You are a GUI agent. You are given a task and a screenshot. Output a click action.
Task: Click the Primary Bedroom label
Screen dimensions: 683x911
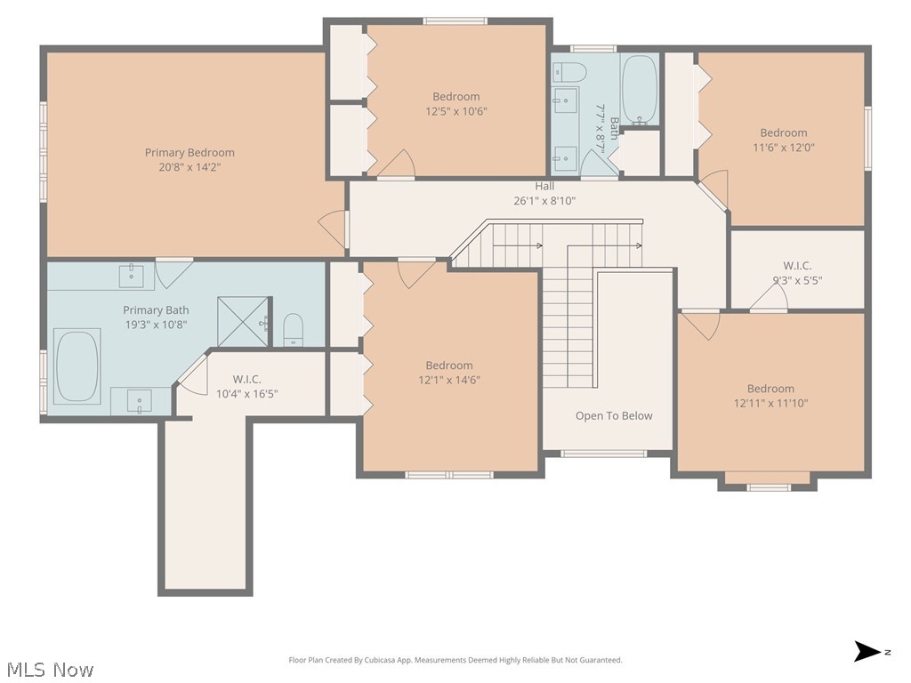coord(189,153)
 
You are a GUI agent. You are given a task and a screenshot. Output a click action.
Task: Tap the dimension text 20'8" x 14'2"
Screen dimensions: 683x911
coord(189,167)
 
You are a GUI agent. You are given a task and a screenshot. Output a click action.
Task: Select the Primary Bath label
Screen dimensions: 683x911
coord(156,310)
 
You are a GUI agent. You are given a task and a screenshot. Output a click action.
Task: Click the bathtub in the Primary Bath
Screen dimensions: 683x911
coord(77,366)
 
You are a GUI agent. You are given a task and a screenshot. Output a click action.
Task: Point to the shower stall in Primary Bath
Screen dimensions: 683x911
coord(242,321)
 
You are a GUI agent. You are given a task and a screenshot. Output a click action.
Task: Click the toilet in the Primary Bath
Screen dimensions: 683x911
coord(293,330)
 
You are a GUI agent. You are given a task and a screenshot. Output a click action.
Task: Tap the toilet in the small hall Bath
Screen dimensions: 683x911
coord(567,72)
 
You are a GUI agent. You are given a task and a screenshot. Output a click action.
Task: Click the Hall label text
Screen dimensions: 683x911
coord(544,186)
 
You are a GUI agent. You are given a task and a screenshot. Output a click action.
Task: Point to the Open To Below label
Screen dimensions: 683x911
coord(613,415)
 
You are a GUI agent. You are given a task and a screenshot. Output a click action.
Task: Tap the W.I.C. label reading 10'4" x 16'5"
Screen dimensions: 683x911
coord(246,393)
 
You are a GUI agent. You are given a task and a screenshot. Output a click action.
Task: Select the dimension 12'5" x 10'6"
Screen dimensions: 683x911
coord(456,111)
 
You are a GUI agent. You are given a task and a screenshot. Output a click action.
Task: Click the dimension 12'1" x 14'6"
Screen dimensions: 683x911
coord(449,380)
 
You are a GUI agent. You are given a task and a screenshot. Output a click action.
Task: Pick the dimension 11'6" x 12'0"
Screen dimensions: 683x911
coord(783,148)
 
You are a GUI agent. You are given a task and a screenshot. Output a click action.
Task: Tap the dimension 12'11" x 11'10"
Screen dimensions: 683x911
coord(770,403)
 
